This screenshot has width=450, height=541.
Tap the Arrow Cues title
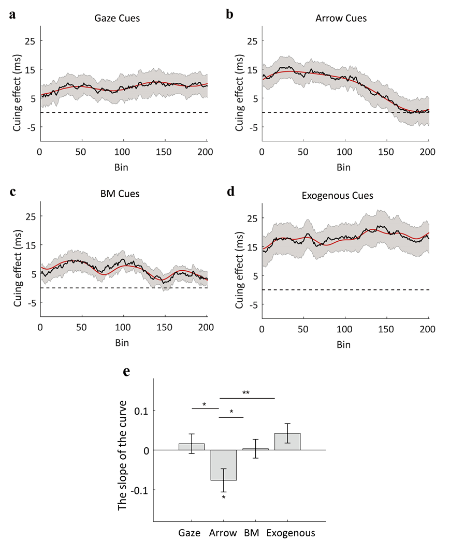coord(341,19)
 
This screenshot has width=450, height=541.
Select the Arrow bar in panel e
coord(224,465)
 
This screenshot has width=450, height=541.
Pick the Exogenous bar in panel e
coord(287,442)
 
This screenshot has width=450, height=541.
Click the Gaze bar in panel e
coord(192,447)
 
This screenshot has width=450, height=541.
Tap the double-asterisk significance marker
coord(246,393)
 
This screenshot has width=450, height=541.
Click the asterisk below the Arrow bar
coord(224,498)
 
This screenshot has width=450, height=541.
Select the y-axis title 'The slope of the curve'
coord(123,450)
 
